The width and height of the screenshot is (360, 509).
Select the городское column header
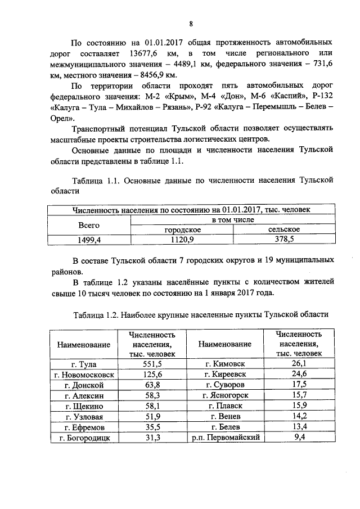pos(182,229)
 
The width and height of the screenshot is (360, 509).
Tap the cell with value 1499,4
pos(88,240)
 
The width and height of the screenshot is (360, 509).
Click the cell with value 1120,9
pos(182,240)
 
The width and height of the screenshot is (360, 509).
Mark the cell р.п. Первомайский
pos(224,438)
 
